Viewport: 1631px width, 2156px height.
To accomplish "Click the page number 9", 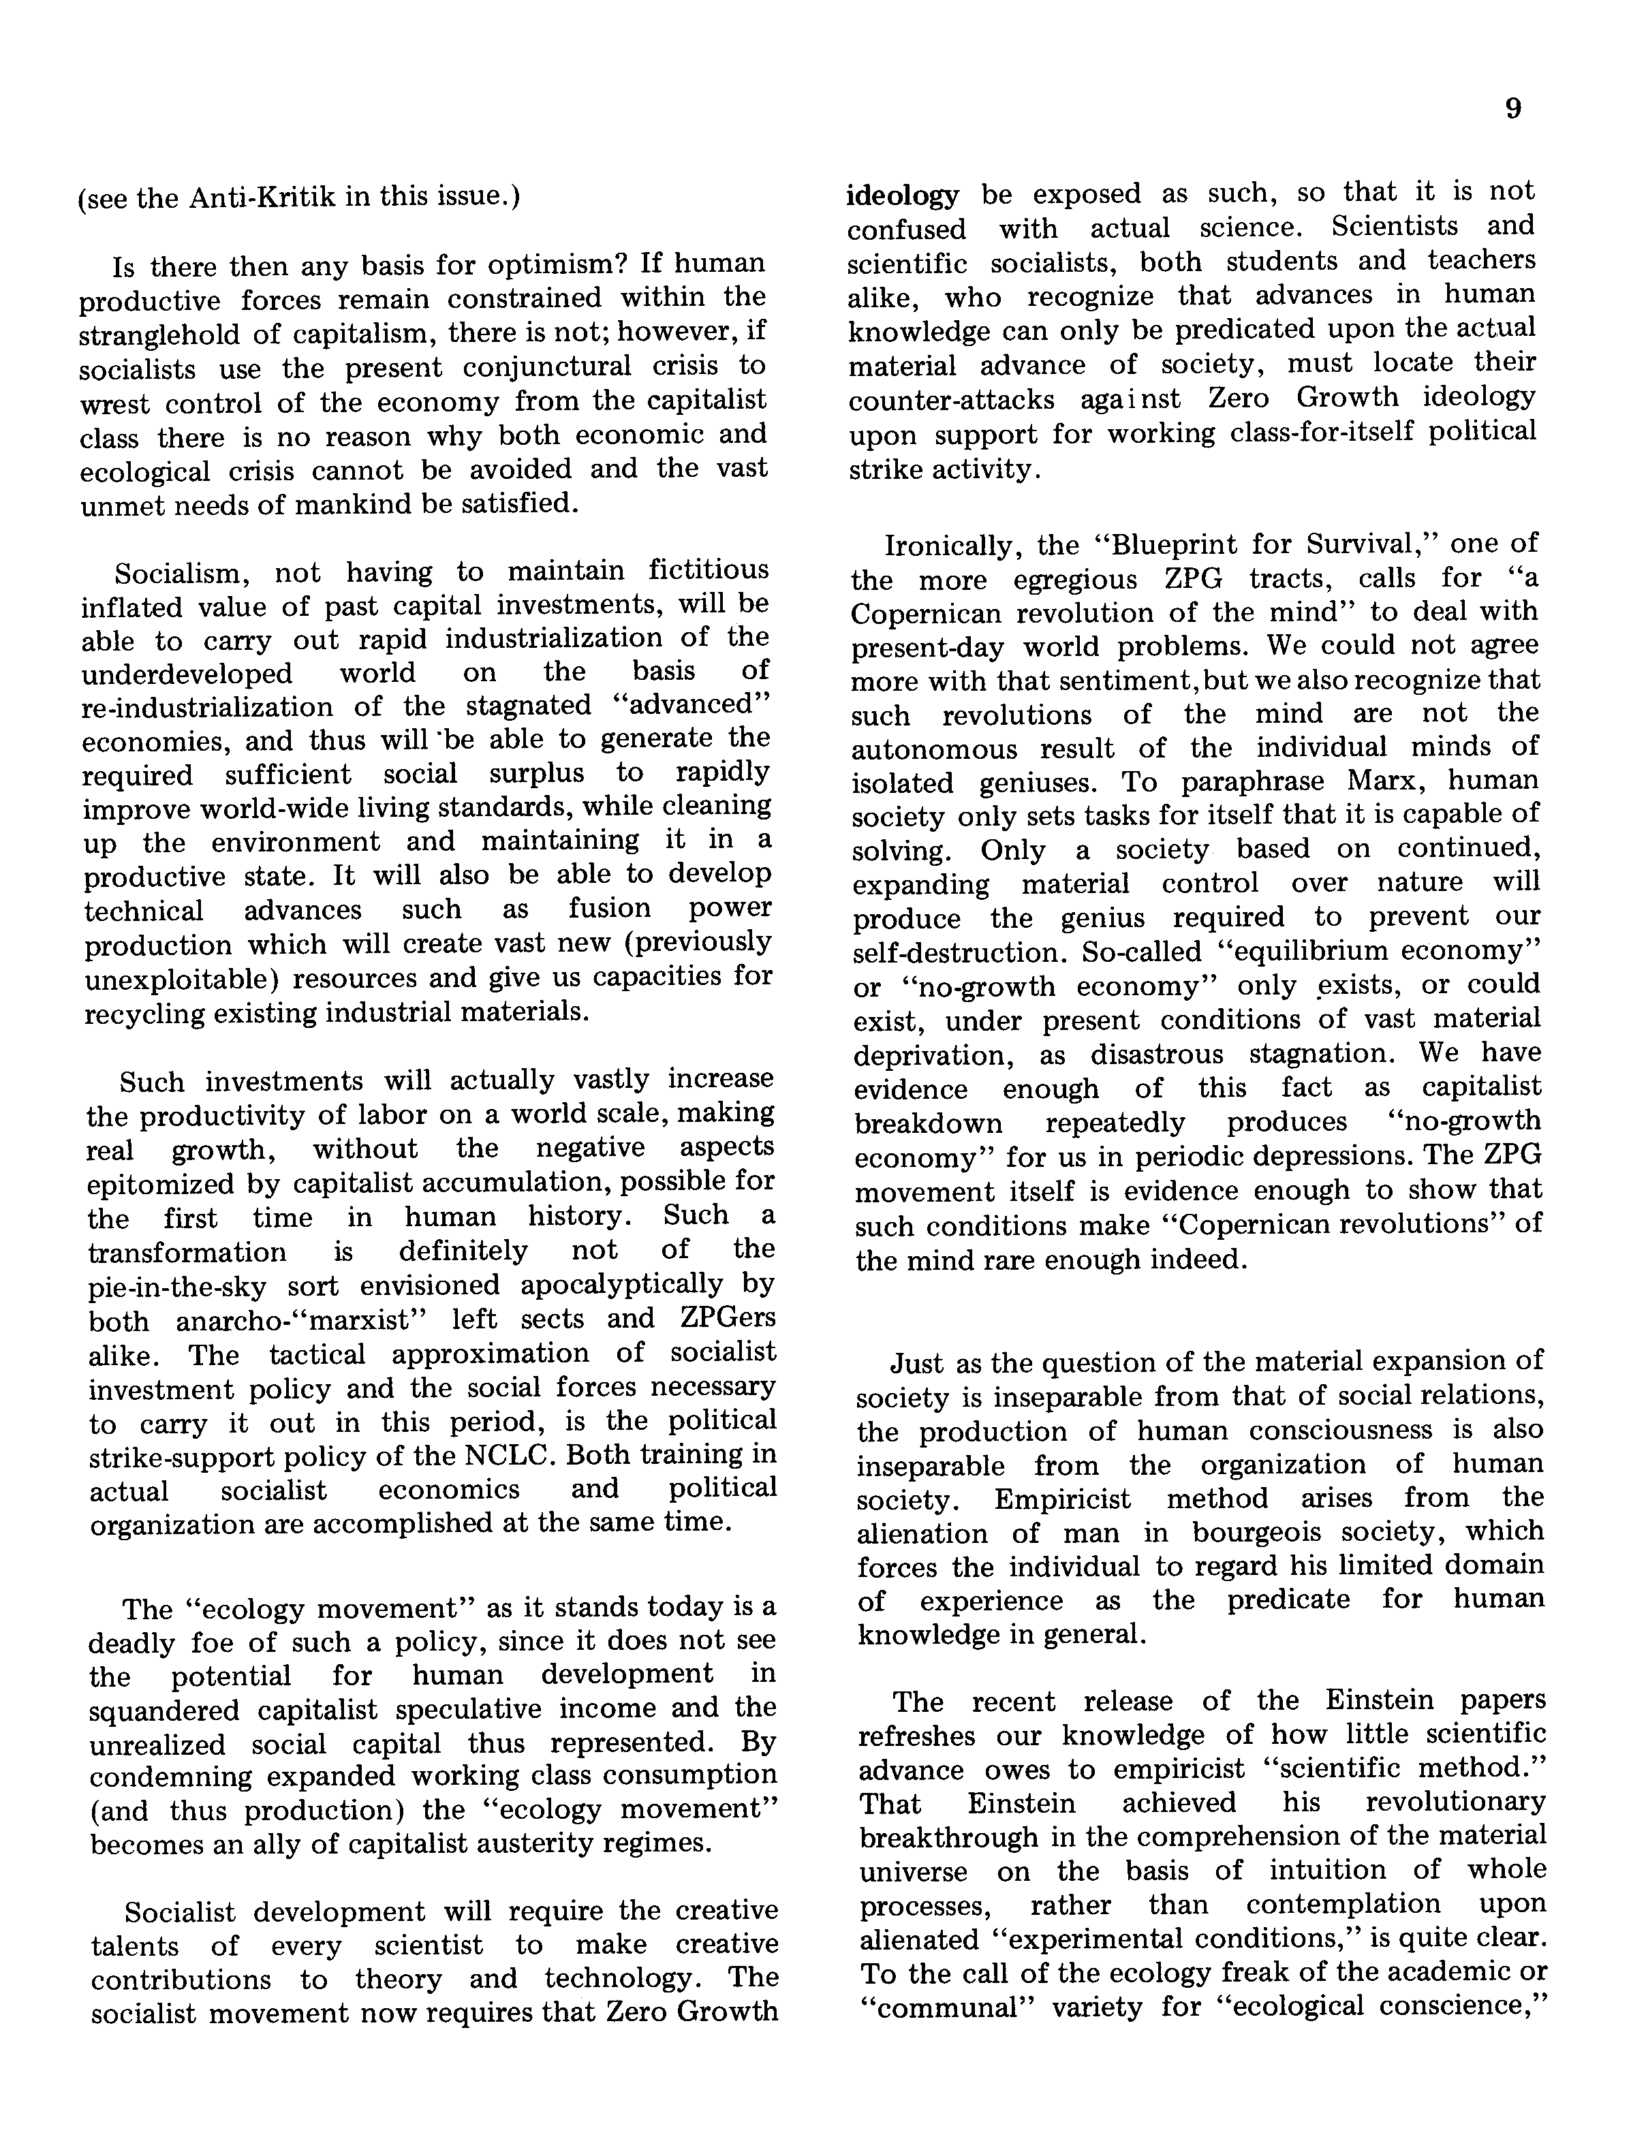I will click(1512, 108).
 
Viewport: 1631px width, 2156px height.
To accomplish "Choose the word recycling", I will click(146, 1014).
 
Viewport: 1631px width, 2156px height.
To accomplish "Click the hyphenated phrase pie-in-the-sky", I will click(176, 1287).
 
